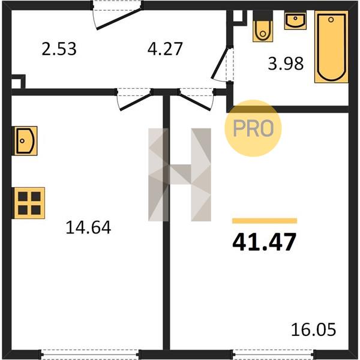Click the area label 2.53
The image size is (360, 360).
click(59, 49)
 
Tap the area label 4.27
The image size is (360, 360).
click(165, 49)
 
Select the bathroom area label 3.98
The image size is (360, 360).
click(286, 64)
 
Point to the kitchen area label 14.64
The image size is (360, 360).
click(88, 227)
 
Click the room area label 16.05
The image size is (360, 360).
click(313, 329)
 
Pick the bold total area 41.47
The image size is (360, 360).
click(264, 242)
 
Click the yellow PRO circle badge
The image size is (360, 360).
click(253, 128)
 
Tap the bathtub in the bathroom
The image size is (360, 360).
click(331, 47)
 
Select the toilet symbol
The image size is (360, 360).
click(263, 26)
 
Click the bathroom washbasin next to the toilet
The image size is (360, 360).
click(295, 20)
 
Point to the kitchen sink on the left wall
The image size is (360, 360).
click(25, 141)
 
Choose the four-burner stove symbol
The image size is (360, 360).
click(29, 203)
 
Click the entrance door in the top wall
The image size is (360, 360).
click(118, 17)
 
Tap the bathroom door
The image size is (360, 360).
click(223, 64)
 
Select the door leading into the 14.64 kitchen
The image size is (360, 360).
click(134, 99)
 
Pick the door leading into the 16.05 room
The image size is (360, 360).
click(196, 99)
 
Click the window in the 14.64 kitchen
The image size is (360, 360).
click(90, 354)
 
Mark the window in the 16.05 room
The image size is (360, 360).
click(274, 354)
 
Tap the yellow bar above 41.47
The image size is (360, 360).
click(265, 221)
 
